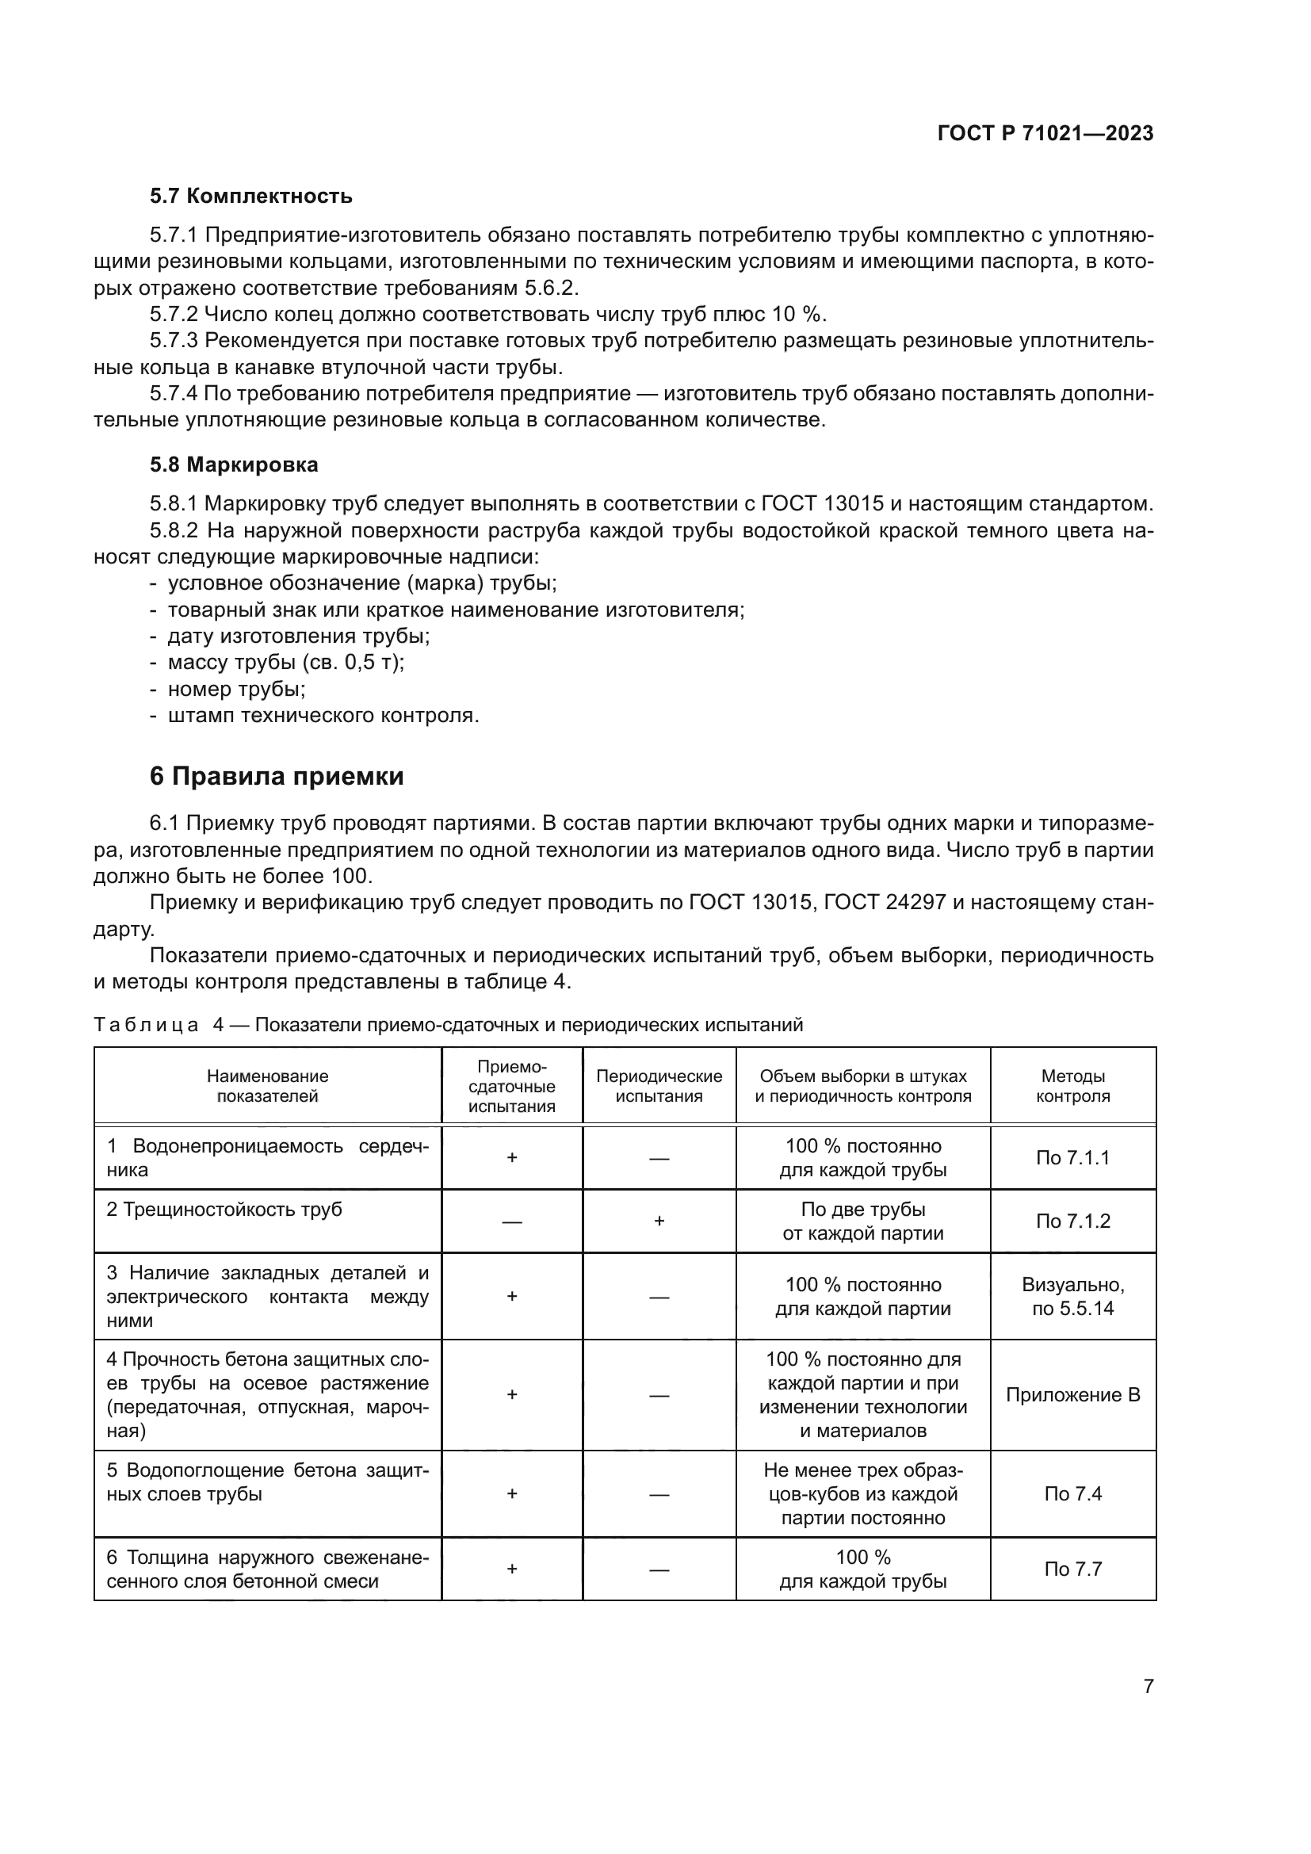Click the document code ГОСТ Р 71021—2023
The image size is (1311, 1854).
(1045, 134)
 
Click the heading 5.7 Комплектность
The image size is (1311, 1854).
(250, 197)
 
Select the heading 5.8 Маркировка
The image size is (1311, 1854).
(233, 465)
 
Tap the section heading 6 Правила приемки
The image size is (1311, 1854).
(276, 777)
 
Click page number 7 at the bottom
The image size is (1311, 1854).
(1148, 1686)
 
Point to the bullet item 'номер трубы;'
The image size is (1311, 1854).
(235, 690)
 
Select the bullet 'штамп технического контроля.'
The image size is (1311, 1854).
(323, 717)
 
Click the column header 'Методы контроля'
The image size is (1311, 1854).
(1072, 1086)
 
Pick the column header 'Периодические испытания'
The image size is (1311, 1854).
(659, 1086)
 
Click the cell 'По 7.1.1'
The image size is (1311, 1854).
(1072, 1158)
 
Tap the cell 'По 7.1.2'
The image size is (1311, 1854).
(1072, 1221)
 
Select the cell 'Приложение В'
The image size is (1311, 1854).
(1072, 1395)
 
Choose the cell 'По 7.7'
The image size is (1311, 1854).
(1072, 1569)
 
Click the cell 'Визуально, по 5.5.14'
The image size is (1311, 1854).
(1072, 1297)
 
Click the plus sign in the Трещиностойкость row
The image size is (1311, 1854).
(659, 1221)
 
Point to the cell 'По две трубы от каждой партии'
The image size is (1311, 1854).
(862, 1221)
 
